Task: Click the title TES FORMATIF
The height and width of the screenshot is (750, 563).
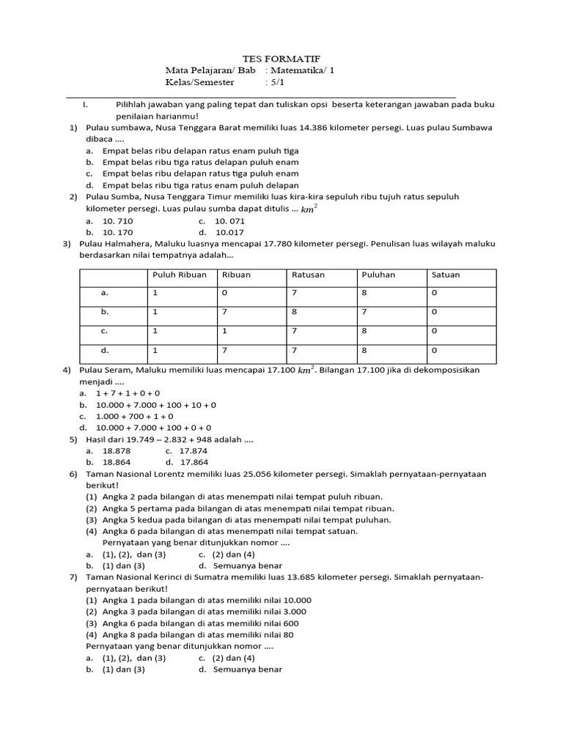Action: click(281, 59)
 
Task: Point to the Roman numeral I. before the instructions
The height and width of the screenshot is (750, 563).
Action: click(86, 104)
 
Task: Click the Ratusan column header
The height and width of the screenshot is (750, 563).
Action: click(309, 275)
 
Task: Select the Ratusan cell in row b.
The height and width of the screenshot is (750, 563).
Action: click(295, 311)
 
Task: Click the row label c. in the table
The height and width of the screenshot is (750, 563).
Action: click(104, 330)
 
